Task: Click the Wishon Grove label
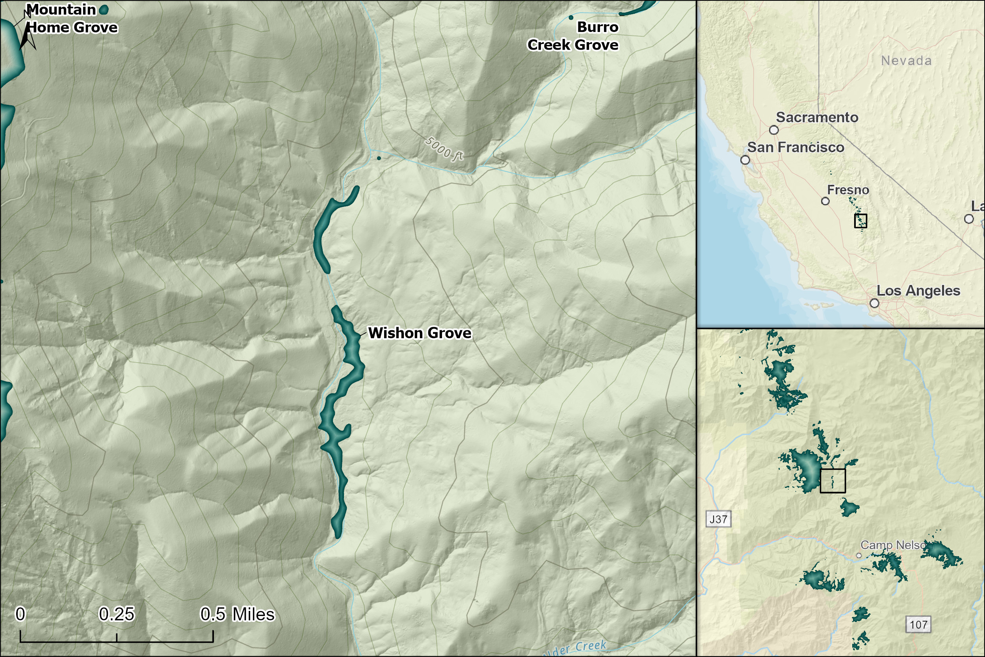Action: [420, 333]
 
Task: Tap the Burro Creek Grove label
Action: [573, 36]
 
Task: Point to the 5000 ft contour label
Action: [444, 149]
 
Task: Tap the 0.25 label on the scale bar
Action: [116, 614]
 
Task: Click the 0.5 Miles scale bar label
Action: [238, 614]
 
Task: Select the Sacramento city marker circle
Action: [774, 130]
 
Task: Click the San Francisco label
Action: [796, 147]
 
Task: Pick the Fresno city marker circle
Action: [825, 201]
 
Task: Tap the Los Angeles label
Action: [918, 291]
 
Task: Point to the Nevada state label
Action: [906, 61]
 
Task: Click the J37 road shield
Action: [718, 519]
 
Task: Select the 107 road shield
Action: [918, 625]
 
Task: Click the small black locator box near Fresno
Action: [860, 221]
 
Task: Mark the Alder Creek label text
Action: [574, 649]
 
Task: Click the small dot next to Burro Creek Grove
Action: [571, 18]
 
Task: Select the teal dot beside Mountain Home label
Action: [104, 9]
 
